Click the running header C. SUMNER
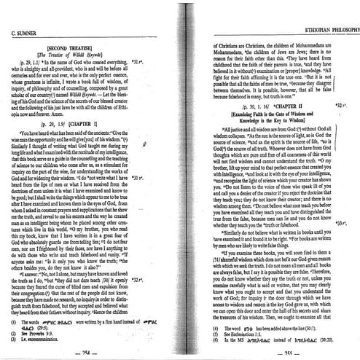point(26,34)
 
